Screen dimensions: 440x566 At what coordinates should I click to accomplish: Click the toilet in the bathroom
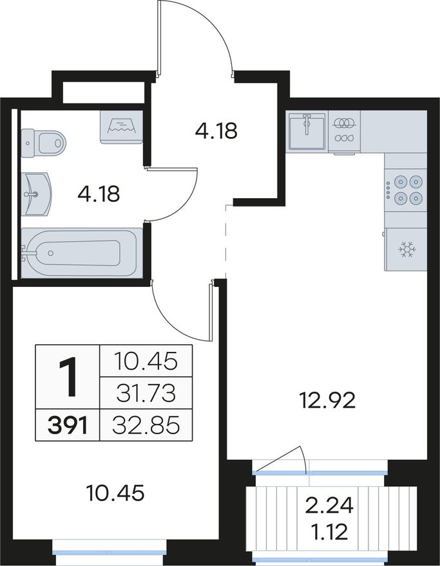point(44,143)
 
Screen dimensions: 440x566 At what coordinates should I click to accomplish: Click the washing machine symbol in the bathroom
point(121,127)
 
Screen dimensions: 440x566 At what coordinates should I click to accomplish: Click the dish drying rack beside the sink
point(344,131)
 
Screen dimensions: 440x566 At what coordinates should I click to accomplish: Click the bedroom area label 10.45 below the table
point(116,493)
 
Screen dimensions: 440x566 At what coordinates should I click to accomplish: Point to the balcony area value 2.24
point(329,506)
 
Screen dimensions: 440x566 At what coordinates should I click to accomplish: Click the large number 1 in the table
point(67,376)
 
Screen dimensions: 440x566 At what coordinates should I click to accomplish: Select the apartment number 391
point(67,426)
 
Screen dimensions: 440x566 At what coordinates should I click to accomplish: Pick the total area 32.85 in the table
point(146,426)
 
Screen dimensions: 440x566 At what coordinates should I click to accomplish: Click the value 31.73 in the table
point(146,394)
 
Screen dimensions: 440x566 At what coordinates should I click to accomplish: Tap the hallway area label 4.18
point(216,131)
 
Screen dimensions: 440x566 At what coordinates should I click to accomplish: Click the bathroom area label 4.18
point(99,194)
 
